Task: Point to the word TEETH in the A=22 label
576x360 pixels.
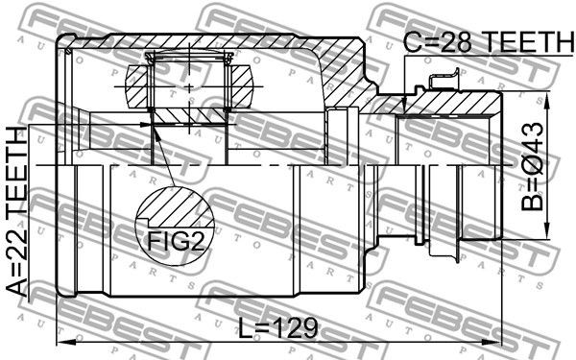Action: (x=17, y=172)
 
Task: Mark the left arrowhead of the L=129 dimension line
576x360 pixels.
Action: (x=64, y=342)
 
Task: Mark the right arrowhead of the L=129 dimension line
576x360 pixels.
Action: (x=495, y=342)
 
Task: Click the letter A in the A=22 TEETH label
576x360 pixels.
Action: (x=17, y=285)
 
